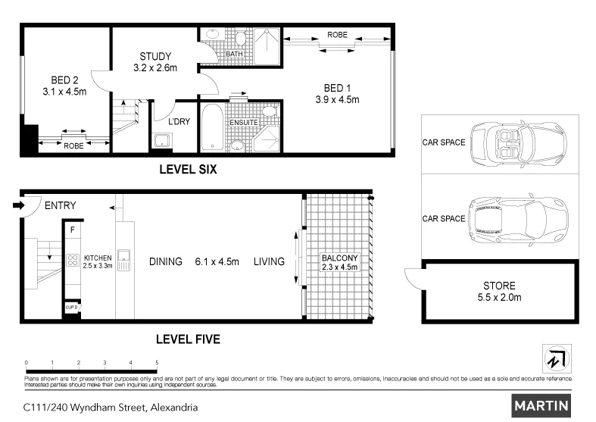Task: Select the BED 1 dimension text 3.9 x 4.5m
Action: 337,99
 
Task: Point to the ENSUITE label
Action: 244,123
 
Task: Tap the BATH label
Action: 235,54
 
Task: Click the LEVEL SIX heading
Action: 187,170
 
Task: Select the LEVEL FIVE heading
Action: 187,339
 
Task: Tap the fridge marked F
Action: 73,228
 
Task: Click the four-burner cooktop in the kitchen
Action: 73,260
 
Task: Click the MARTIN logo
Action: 541,406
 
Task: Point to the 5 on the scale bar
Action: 157,364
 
